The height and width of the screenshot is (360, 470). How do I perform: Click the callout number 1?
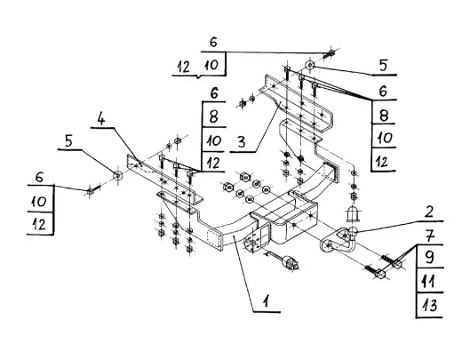[267, 301]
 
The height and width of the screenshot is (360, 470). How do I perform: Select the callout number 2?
[429, 212]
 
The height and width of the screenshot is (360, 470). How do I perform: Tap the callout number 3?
[242, 141]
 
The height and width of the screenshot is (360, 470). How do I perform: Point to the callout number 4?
[101, 119]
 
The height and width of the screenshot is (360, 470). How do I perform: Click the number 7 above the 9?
[429, 236]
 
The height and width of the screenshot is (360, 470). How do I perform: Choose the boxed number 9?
[429, 257]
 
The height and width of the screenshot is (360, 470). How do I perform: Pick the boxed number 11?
[428, 281]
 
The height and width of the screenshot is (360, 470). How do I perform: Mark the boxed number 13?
[428, 306]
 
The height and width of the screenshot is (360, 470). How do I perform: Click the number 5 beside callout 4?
[68, 141]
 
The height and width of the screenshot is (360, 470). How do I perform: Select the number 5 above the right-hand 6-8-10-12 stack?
[383, 66]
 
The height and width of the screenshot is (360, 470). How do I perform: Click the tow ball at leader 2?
[353, 231]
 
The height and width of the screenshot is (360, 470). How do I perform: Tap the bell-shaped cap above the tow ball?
[353, 213]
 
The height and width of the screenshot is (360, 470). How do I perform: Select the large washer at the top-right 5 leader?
[310, 65]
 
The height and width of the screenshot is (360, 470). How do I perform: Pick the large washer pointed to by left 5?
[118, 176]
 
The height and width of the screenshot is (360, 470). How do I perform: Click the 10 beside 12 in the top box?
[212, 65]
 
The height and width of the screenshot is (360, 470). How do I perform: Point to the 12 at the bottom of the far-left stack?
[39, 224]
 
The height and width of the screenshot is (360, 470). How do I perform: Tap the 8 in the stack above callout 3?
[213, 116]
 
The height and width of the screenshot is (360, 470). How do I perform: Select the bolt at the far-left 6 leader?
[92, 190]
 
